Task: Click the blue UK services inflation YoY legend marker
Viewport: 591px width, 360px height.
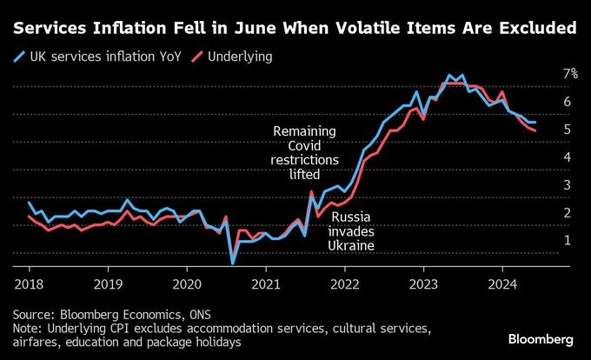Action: tap(20, 57)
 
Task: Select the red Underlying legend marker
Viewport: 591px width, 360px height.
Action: tap(200, 57)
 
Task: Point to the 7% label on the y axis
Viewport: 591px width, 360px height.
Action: tap(570, 74)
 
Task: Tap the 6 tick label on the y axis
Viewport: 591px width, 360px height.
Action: tap(567, 102)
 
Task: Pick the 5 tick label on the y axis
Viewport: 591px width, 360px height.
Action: tap(567, 130)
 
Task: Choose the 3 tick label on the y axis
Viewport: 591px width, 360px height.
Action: tap(567, 184)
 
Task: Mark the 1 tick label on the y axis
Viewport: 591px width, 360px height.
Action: tap(567, 240)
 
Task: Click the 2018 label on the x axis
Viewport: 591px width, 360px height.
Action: tap(29, 283)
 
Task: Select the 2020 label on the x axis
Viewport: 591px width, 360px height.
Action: tap(187, 283)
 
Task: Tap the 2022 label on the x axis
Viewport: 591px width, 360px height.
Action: tap(345, 283)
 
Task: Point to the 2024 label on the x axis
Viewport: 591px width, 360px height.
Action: tap(503, 283)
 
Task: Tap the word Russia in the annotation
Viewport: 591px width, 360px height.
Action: tap(351, 217)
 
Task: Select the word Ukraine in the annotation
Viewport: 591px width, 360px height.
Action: tap(351, 246)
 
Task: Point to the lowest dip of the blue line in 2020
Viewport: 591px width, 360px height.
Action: tap(232, 262)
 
